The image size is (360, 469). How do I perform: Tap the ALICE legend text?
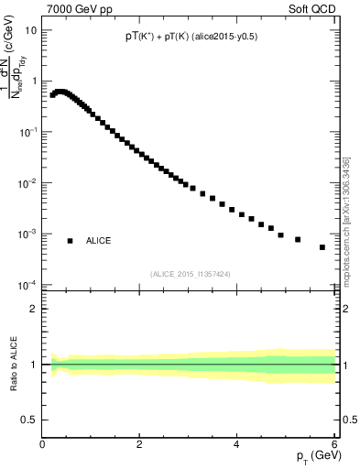(99, 241)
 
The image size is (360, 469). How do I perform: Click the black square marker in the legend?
(70, 241)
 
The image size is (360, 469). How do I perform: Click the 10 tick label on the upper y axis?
(30, 29)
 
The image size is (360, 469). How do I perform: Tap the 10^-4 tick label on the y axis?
(27, 285)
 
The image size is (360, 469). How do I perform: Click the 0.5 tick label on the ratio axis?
(29, 420)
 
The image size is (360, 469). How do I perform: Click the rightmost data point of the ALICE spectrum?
(322, 247)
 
